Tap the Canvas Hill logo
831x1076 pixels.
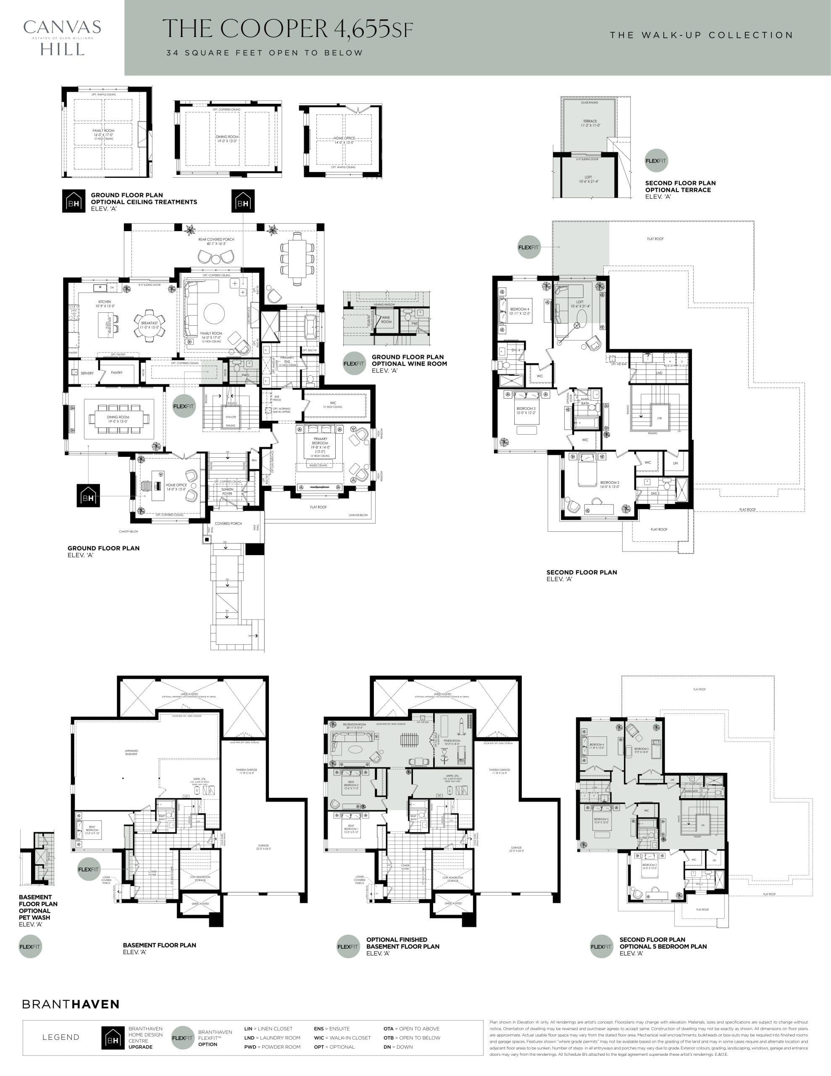(x=62, y=37)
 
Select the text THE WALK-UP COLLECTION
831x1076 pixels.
(x=701, y=35)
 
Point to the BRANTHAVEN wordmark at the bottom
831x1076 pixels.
(x=71, y=1004)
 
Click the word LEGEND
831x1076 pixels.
(x=60, y=1037)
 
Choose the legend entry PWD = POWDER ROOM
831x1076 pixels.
(x=272, y=1047)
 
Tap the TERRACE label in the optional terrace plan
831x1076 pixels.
(x=589, y=121)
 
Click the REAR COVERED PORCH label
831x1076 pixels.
(x=216, y=240)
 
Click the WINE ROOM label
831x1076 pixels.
(x=386, y=320)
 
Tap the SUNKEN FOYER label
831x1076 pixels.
(x=227, y=491)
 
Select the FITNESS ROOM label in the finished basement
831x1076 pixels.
(x=452, y=741)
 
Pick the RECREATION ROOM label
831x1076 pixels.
(x=354, y=725)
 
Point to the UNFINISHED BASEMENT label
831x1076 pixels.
(x=131, y=752)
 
